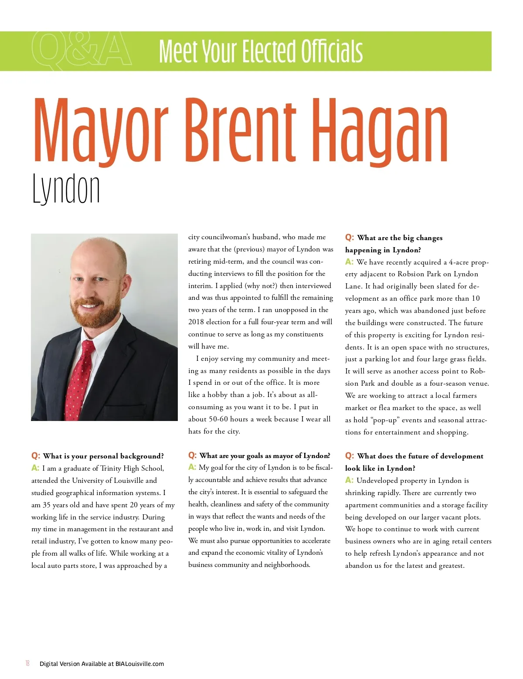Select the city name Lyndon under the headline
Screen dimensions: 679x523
(66, 190)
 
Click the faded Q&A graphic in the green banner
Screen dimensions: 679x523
(82, 51)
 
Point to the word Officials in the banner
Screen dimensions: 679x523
(332, 51)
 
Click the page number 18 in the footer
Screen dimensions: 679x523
(27, 663)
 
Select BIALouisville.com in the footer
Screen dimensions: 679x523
(139, 664)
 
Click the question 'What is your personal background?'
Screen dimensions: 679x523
(103, 456)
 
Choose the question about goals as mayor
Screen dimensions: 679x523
(265, 456)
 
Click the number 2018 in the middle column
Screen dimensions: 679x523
(197, 322)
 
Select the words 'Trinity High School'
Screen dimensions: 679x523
(132, 469)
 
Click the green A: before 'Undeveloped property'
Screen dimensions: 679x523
(349, 480)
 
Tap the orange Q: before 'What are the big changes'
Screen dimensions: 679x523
(350, 238)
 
